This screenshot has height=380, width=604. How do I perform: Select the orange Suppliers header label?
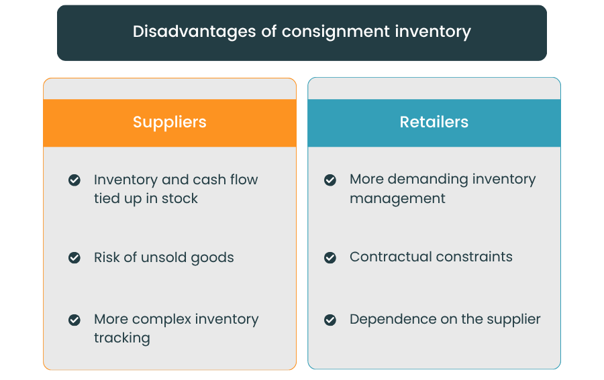tap(170, 123)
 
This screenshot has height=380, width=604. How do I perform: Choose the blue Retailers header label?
tap(434, 123)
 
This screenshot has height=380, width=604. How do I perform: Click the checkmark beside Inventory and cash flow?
tap(74, 180)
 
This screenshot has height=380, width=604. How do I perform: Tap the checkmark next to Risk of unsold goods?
tap(74, 257)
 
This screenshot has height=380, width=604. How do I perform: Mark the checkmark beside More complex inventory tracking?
tap(74, 320)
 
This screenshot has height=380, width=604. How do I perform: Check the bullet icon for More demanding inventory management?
tap(330, 180)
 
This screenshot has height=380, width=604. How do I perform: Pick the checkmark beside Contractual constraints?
tap(330, 257)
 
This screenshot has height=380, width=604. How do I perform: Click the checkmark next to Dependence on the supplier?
tap(330, 320)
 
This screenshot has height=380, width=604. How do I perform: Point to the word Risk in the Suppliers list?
tap(107, 257)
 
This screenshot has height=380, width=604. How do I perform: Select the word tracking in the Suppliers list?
tap(121, 338)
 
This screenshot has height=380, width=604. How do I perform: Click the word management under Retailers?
tap(397, 198)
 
